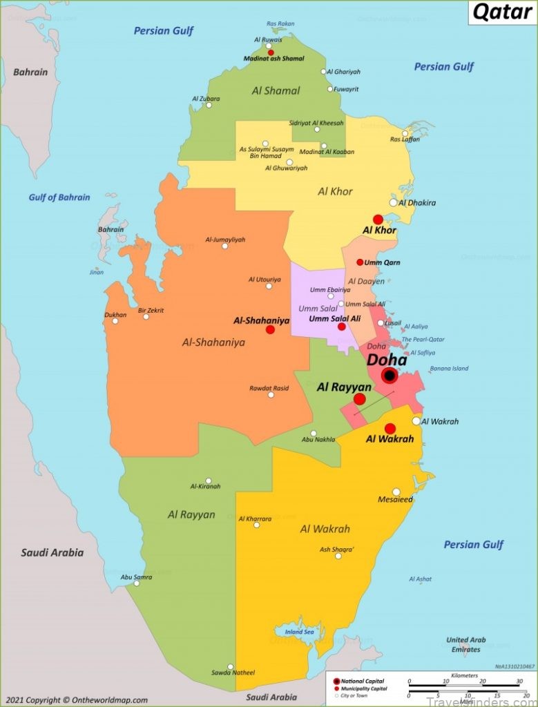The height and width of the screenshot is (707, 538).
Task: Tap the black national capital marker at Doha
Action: tap(389, 376)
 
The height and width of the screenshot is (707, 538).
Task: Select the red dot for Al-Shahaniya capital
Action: tap(270, 330)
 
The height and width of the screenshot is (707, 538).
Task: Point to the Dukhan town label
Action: tap(115, 314)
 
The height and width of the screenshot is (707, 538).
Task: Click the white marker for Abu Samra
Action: tap(136, 583)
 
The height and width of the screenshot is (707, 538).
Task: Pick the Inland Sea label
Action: tap(300, 632)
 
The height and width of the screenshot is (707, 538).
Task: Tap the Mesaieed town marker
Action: tap(396, 492)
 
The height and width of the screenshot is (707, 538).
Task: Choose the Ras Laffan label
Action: tap(405, 139)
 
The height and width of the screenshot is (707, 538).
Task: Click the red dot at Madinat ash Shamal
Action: tap(271, 52)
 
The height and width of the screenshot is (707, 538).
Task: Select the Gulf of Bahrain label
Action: tap(59, 197)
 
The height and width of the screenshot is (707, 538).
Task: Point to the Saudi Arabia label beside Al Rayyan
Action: tap(52, 552)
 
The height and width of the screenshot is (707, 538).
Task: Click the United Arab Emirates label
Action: tap(465, 645)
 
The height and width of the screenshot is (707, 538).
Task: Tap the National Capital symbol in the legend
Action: tap(336, 681)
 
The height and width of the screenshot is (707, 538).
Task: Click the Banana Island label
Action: tap(449, 369)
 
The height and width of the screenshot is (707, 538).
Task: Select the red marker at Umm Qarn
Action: tap(360, 262)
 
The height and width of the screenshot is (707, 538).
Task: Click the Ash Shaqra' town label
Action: tap(337, 550)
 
